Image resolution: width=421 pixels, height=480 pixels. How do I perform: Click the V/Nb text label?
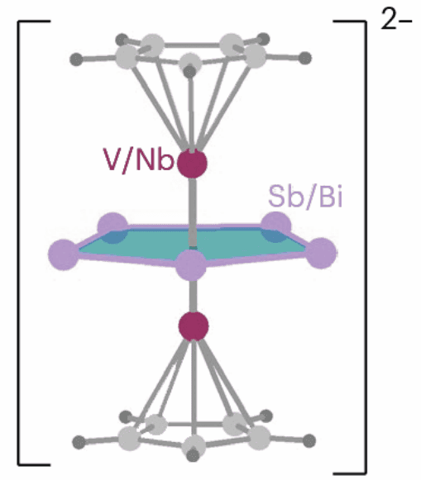pos(138,160)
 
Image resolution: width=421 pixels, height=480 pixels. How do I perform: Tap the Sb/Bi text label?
pos(305,197)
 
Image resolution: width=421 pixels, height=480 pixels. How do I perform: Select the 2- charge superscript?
pos(396,19)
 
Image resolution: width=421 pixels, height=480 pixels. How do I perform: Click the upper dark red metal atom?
pos(193,164)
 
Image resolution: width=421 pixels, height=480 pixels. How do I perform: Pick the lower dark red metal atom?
pos(194,326)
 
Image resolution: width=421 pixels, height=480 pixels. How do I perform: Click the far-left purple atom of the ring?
pos(64,254)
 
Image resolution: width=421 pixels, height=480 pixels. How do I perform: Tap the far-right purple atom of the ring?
pos(322,253)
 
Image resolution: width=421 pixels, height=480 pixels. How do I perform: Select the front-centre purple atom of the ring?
pos(191,265)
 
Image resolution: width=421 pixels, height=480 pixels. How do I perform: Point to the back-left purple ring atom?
pos(112,226)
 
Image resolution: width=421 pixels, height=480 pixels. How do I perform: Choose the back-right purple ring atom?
pos(276,226)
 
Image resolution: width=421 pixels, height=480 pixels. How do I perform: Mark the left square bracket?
pos(19,244)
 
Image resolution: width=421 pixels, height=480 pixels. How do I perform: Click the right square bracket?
pos(365,247)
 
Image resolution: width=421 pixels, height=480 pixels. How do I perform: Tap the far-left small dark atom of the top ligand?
pos(76,59)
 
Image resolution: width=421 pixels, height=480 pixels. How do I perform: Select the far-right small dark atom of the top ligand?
pos(305,58)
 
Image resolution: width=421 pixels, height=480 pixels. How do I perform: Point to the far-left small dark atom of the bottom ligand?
pos(79,442)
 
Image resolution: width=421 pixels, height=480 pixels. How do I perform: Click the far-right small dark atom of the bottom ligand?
pos(309,441)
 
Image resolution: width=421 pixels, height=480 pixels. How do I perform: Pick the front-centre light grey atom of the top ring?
pos(190,63)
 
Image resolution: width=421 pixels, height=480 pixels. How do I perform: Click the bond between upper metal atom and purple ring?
pos(192,211)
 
